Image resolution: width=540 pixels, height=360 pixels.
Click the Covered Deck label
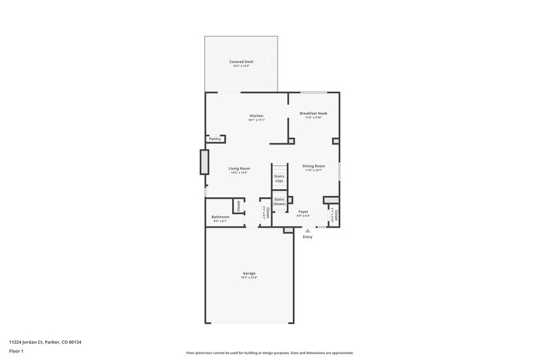[x=241, y=61]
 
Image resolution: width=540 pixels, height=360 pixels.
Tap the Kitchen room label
[x=256, y=115]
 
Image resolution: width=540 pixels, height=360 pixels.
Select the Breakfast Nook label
[x=313, y=113]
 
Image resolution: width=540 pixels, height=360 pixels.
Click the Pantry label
[x=215, y=138]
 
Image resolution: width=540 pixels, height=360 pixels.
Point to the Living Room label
[x=239, y=168]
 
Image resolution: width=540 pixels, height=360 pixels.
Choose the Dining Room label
[x=313, y=165]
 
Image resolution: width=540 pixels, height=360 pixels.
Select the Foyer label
[x=303, y=211]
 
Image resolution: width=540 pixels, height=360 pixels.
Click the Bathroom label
[x=220, y=217]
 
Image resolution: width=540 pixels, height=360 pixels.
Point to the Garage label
[x=249, y=273]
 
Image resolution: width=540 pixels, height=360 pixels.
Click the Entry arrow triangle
[x=308, y=230]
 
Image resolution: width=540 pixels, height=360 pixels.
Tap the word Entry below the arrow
[x=308, y=237]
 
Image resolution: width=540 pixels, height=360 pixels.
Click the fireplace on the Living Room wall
[x=203, y=162]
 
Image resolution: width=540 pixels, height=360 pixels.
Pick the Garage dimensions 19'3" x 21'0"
[x=249, y=277]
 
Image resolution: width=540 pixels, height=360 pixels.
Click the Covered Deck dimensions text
[x=241, y=66]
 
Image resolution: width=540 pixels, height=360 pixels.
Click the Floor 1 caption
[x=17, y=352]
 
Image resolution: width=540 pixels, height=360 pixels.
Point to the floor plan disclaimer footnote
[x=269, y=353]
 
